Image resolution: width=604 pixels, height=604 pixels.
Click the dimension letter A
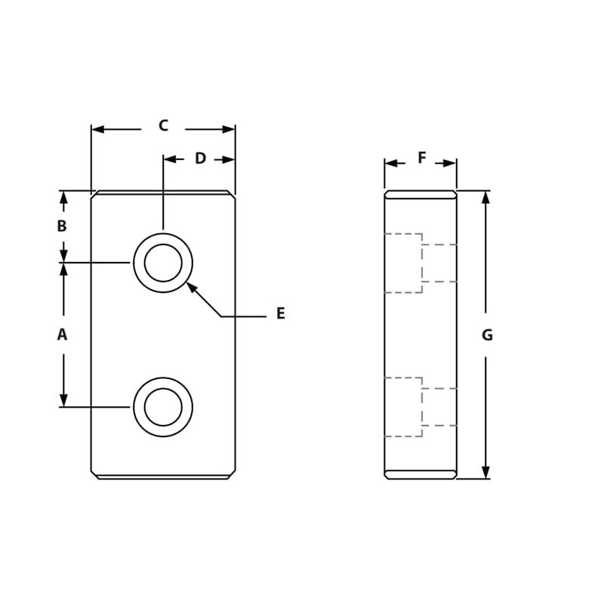[x=62, y=334]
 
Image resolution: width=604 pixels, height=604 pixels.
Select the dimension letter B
[x=62, y=226]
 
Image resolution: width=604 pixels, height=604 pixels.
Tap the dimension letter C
[x=163, y=126]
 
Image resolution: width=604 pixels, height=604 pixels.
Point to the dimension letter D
[x=200, y=159]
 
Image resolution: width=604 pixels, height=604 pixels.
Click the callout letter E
[x=280, y=314]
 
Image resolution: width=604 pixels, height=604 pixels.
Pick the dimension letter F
[x=421, y=159]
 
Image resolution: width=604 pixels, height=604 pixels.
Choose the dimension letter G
[x=487, y=335]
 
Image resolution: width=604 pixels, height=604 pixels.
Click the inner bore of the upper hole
[x=163, y=263]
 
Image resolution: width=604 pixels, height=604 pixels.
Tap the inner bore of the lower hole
[x=163, y=407]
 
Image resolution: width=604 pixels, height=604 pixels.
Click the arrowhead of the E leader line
[x=191, y=287]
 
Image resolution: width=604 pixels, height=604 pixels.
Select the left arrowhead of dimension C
[x=97, y=129]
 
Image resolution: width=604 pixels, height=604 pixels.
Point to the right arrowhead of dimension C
[x=229, y=129]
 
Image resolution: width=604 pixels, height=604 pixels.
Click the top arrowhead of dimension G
[x=485, y=197]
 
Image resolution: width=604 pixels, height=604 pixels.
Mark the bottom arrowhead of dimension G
[x=485, y=472]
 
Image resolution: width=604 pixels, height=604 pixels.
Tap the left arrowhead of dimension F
[x=390, y=163]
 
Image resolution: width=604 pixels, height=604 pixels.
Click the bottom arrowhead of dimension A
[x=63, y=400]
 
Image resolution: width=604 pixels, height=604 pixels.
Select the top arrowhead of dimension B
[x=63, y=197]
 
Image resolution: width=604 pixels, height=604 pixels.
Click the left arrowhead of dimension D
[x=170, y=159]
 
